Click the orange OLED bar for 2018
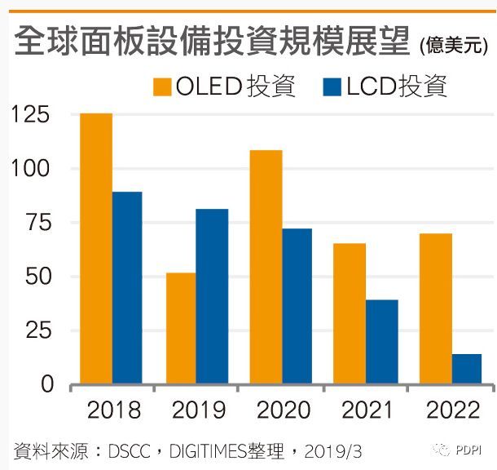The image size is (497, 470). tap(96, 248)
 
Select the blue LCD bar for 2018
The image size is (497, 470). tap(127, 287)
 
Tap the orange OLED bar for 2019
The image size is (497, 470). tap(181, 328)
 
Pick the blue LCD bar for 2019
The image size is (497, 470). tap(212, 296)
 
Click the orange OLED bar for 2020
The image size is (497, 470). tap(266, 267)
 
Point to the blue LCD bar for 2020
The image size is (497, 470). tap(297, 306)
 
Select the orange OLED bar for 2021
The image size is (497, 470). tap(350, 313)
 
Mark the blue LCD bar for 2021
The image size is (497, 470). tap(381, 342)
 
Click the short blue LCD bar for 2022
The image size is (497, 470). tap(467, 369)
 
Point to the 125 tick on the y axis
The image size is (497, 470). tap(32, 114)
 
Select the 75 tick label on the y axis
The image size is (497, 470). tap(37, 223)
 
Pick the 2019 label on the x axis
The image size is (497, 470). tap(196, 409)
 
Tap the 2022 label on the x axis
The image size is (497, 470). tap(451, 409)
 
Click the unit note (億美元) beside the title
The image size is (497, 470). tap(455, 45)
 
